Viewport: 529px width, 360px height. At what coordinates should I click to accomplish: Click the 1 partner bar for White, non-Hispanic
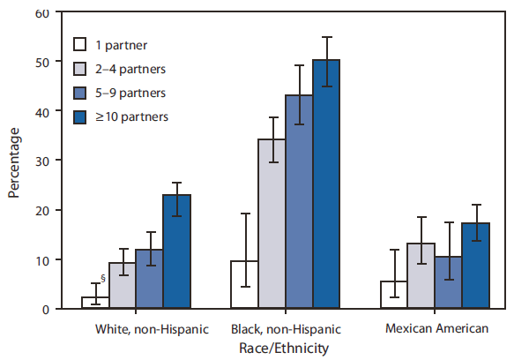click(95, 303)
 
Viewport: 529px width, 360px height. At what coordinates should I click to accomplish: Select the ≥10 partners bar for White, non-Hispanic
click(177, 251)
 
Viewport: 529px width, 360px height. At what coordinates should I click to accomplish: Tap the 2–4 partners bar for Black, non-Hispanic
click(272, 224)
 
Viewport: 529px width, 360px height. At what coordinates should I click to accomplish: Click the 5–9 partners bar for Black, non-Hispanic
click(299, 202)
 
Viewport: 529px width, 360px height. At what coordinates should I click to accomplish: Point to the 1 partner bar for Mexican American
click(393, 295)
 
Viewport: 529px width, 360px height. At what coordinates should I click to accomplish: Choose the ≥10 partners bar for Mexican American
click(475, 266)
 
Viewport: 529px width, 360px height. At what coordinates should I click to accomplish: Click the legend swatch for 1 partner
click(80, 43)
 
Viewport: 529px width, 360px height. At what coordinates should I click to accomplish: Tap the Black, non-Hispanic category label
click(285, 329)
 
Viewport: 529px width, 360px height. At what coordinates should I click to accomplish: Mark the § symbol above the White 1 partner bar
click(103, 279)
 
